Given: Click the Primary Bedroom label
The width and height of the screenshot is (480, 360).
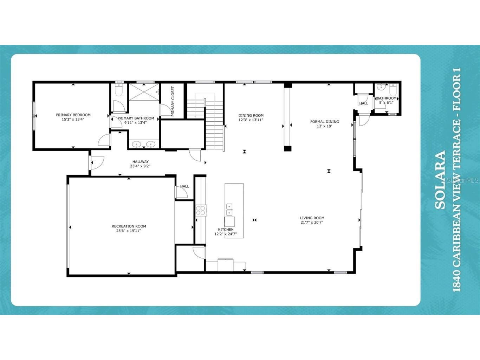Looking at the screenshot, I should click(x=73, y=115).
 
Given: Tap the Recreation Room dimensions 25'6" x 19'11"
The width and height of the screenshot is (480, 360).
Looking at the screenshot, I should click(x=129, y=231).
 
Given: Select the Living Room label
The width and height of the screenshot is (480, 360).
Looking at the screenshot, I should click(x=312, y=218).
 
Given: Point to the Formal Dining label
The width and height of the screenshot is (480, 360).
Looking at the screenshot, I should click(x=324, y=122).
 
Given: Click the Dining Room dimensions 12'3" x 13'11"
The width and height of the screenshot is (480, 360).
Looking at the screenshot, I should click(x=251, y=120).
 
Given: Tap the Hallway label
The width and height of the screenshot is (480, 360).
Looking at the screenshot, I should click(x=140, y=162).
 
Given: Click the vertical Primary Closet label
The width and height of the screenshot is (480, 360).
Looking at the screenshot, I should click(x=173, y=101).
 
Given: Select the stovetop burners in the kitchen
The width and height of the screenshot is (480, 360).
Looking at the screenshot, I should click(x=201, y=210).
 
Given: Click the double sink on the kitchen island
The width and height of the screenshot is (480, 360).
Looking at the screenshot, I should click(x=229, y=209).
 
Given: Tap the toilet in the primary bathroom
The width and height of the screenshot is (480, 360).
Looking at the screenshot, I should click(x=119, y=90).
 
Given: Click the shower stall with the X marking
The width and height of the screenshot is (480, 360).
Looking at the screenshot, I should click(x=144, y=92).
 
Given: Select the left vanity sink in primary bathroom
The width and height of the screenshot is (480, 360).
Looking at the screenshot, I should click(x=136, y=144).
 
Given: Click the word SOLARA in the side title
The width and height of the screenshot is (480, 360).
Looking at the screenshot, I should click(x=440, y=180).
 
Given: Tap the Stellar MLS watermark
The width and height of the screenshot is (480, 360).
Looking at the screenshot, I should click(x=462, y=180).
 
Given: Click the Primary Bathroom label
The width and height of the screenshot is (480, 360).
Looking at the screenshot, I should click(x=136, y=118).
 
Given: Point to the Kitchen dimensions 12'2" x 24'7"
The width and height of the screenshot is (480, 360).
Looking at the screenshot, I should click(x=225, y=234).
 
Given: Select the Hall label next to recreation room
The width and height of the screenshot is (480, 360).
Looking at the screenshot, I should click(x=184, y=186).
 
